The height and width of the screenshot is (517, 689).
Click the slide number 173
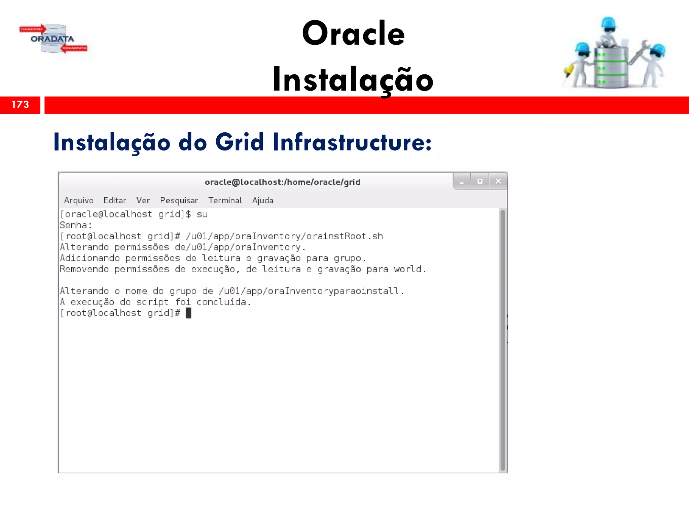[20, 105]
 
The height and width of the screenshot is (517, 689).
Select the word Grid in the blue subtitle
[239, 142]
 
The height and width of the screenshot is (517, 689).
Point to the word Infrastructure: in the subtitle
[352, 142]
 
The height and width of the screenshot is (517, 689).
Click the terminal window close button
[498, 181]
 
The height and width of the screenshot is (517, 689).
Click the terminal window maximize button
[480, 181]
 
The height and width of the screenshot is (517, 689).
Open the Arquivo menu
[79, 201]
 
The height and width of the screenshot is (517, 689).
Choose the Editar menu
[115, 201]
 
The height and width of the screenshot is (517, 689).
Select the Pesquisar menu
[179, 201]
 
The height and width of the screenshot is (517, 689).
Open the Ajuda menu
[263, 201]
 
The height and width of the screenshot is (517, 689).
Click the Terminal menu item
[225, 201]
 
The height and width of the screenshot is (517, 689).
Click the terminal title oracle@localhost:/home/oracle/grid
[282, 182]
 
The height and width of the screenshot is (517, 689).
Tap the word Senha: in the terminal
[76, 225]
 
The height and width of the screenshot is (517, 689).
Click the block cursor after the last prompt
[188, 313]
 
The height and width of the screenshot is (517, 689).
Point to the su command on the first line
[202, 214]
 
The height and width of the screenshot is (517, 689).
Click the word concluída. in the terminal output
[224, 302]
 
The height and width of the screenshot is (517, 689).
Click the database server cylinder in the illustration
[611, 67]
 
